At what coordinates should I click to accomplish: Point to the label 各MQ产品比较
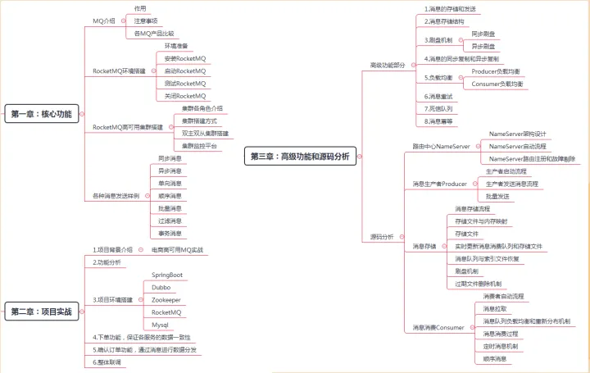(154, 34)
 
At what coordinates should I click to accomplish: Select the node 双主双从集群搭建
(205, 133)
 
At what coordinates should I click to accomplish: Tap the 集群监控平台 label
(199, 145)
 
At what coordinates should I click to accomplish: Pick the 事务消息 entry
(170, 234)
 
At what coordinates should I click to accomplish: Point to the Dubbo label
(161, 287)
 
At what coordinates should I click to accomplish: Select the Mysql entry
(161, 325)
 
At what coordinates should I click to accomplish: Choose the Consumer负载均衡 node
(497, 84)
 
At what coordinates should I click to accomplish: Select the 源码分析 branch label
(382, 236)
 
